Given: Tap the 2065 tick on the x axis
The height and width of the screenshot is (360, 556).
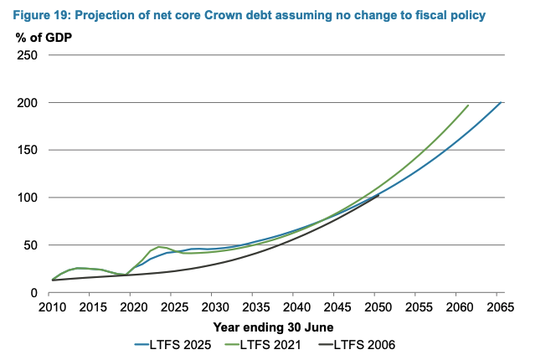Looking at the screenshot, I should pos(499,307).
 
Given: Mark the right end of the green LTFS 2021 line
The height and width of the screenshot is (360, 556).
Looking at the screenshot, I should pos(468,105).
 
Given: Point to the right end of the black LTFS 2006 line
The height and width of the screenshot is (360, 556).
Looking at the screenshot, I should pos(378,195).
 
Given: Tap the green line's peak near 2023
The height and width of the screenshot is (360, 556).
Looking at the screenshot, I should pos(159,246).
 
